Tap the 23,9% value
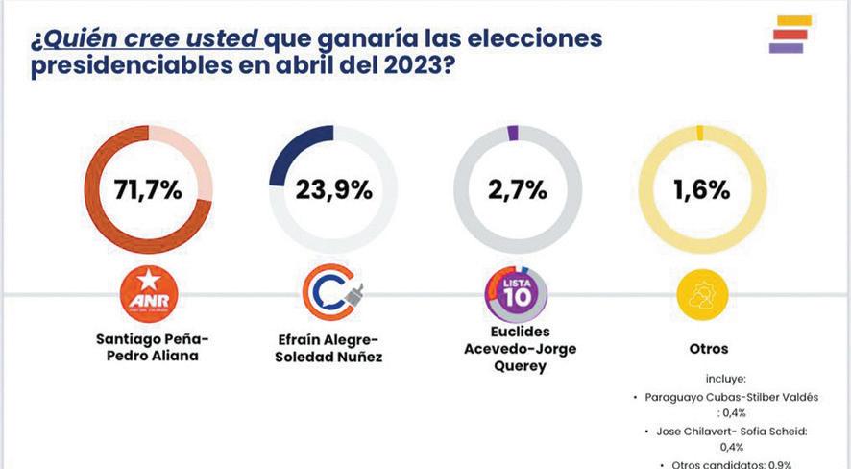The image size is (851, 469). tap(332, 189)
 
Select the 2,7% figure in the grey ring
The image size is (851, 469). tap(517, 189)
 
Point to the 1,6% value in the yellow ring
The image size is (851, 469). tap(701, 189)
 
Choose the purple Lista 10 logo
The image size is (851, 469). tap(516, 294)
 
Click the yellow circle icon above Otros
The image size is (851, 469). tap(701, 293)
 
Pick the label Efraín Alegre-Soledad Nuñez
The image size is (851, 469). tap(332, 348)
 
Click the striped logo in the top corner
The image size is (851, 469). tap(790, 34)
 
